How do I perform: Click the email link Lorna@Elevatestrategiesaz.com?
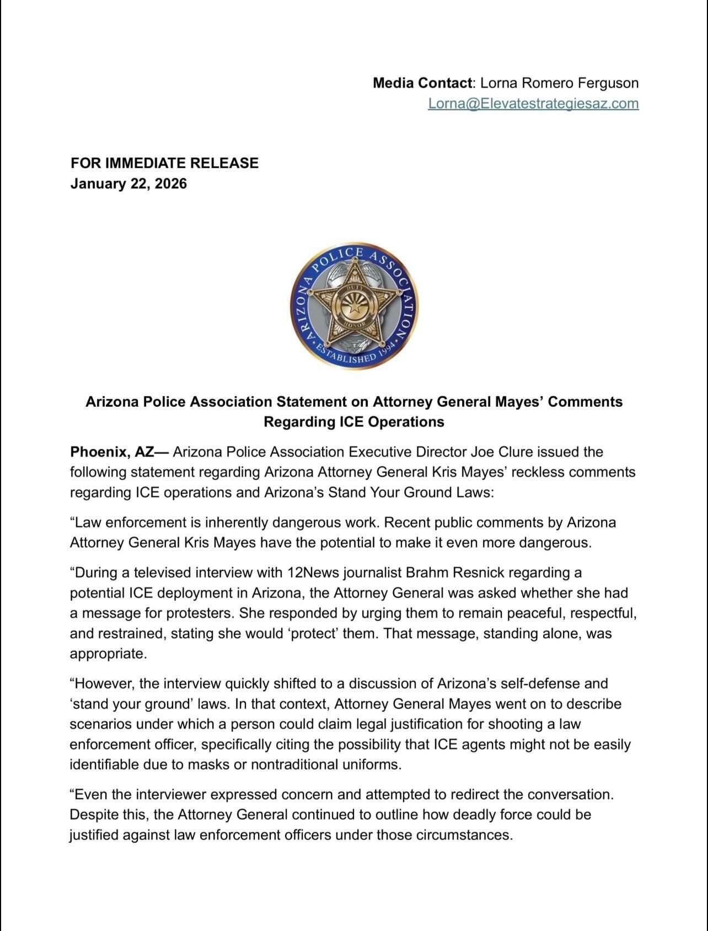533,103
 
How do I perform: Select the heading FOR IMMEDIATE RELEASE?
164,163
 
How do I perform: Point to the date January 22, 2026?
128,183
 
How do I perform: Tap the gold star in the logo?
353,305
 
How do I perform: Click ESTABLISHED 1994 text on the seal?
353,354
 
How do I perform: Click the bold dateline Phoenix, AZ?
112,452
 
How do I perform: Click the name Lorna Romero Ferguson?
559,83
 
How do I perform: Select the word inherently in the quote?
236,522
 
